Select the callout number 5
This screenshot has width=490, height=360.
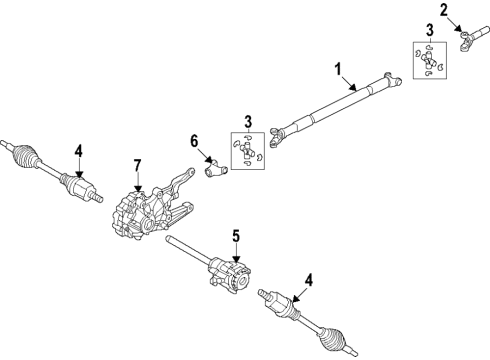click(236, 237)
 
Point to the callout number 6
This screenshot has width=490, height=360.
click(195, 142)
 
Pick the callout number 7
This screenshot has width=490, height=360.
click(138, 164)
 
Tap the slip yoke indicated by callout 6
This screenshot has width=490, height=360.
click(212, 171)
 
